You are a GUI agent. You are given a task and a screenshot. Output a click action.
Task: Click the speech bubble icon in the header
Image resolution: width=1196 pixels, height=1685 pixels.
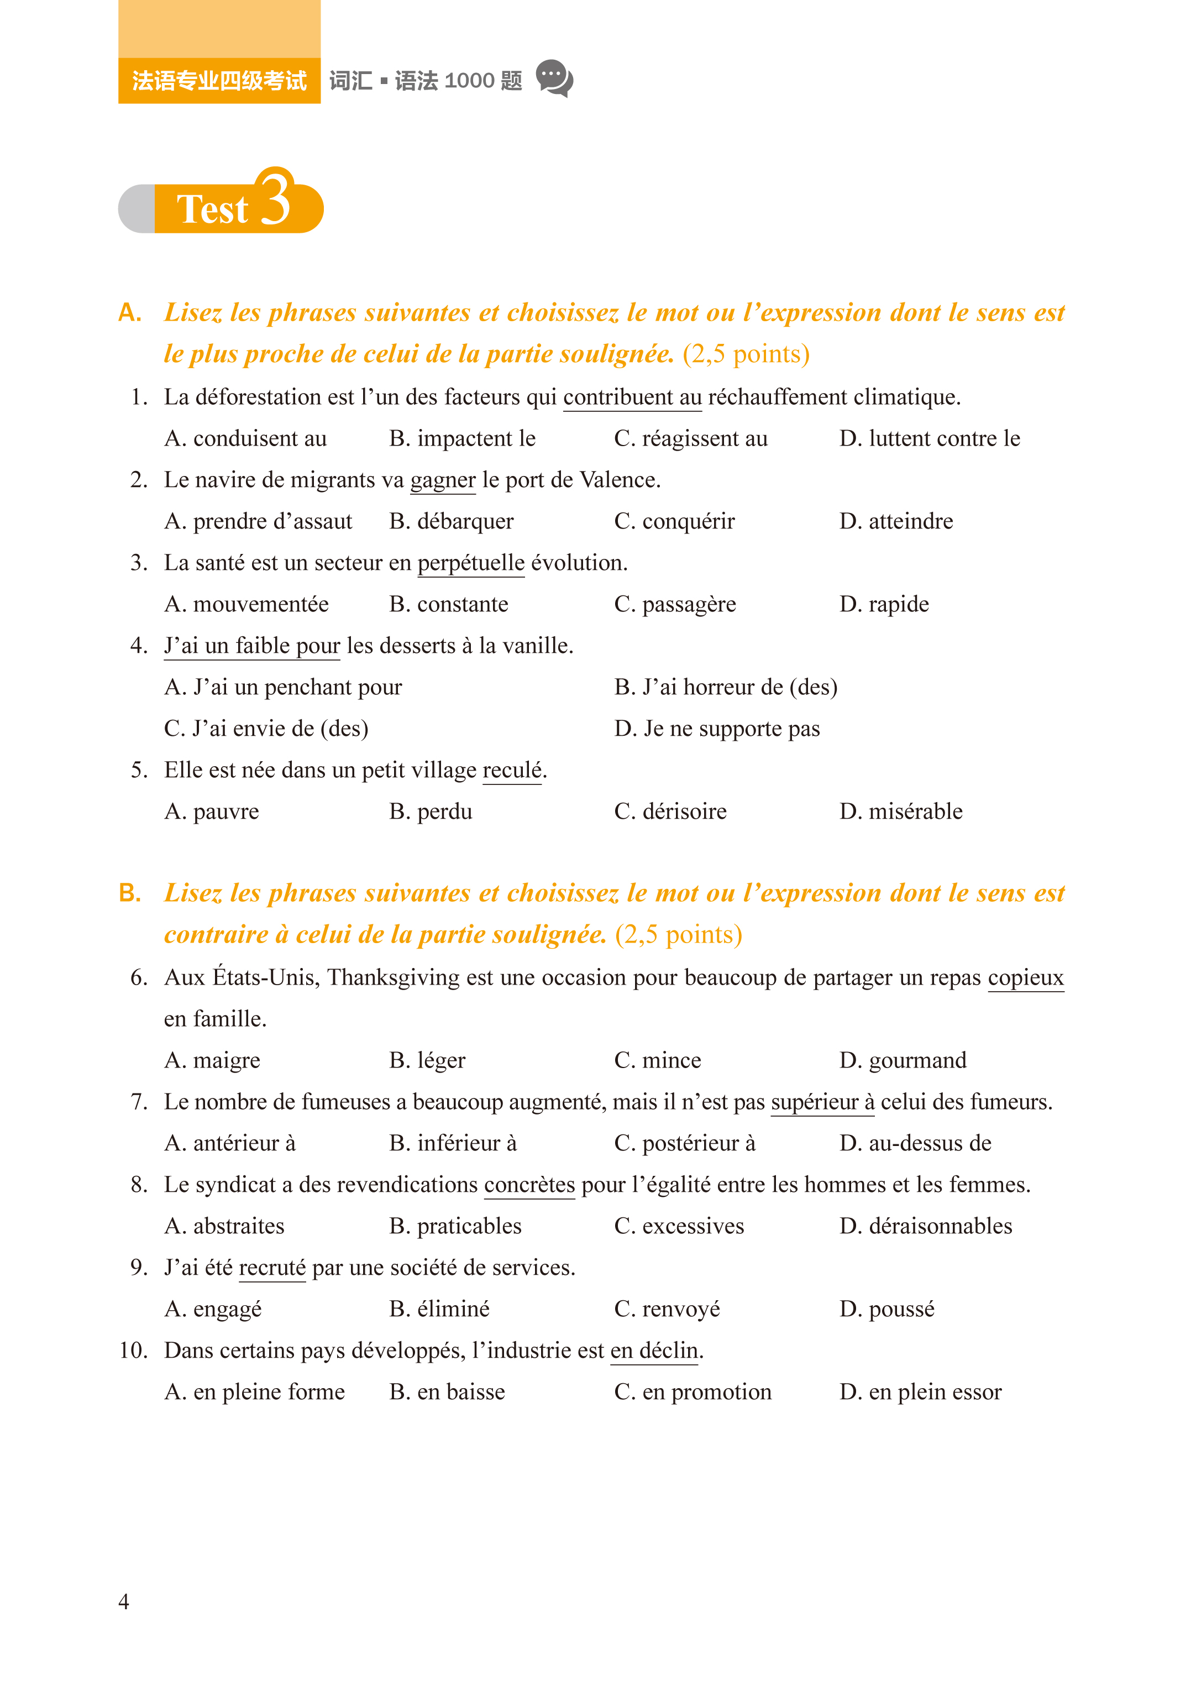pos(554,78)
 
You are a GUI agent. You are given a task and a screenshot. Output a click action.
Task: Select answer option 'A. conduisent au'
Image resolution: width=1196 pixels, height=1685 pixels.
pos(245,439)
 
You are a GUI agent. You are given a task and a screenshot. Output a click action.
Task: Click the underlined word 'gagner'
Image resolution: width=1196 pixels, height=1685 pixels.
pos(443,480)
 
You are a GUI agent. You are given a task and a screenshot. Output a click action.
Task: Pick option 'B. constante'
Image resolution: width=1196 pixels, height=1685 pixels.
pos(449,605)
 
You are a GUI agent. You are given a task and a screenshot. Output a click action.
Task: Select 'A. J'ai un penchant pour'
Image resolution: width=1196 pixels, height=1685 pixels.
pos(283,687)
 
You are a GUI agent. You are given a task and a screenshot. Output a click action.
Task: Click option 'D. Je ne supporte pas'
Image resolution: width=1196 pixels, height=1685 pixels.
pos(717,729)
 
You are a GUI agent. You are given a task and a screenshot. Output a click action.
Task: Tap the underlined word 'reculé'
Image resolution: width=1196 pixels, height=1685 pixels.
pos(512,770)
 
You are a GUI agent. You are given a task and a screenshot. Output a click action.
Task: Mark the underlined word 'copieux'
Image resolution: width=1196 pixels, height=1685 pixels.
pos(1025,977)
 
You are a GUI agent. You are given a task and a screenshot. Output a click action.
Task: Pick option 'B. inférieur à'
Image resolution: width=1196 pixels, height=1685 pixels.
pos(453,1143)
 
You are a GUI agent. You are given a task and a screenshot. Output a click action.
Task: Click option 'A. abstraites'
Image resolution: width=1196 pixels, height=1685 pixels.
pos(224,1226)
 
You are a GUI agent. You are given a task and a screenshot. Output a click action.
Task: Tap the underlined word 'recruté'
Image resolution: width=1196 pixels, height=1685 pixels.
pos(272,1268)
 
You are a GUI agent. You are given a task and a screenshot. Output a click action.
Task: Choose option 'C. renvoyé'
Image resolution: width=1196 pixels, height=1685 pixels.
pos(667,1310)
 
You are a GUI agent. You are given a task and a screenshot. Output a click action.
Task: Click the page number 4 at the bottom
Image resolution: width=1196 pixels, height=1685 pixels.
pos(124,1602)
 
